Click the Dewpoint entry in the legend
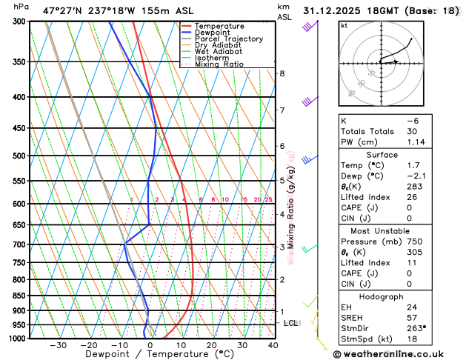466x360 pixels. [x=212, y=32]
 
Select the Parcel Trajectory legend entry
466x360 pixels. [x=228, y=39]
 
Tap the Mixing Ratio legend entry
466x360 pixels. [x=219, y=64]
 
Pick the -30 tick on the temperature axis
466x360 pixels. [x=57, y=345]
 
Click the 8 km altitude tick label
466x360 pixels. [x=282, y=73]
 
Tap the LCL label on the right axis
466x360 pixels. [x=290, y=324]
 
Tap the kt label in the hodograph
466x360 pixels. [x=344, y=25]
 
